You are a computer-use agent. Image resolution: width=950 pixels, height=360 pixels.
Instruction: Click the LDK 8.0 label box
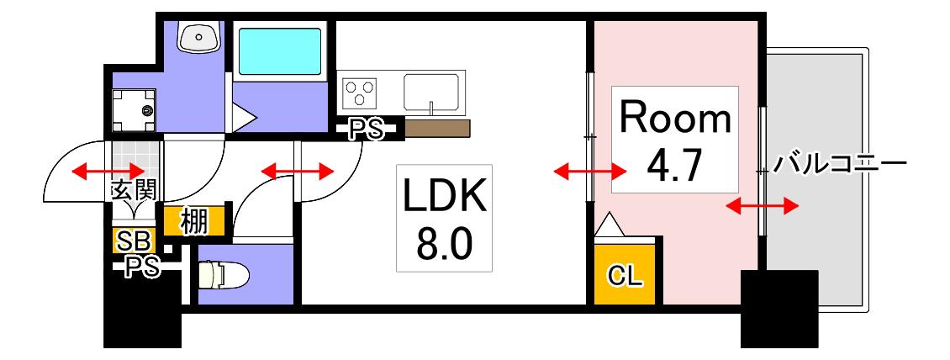444,218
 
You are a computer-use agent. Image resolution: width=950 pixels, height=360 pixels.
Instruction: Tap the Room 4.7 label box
675,140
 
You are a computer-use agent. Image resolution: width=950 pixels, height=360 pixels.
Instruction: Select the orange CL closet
625,273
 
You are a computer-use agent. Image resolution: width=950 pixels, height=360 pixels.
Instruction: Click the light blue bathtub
279,51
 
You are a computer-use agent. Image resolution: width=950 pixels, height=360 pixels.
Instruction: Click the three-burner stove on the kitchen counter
360,93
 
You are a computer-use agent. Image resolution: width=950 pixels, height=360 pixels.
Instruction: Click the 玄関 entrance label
135,191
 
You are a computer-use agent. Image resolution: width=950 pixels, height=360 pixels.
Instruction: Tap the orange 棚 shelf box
194,222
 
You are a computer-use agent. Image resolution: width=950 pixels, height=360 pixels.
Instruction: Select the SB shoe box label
135,241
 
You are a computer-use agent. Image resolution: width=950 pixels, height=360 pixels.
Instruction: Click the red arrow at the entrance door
109,172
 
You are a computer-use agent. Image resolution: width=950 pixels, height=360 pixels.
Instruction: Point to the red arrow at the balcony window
763,207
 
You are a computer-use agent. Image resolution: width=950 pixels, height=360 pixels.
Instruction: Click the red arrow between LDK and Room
591,172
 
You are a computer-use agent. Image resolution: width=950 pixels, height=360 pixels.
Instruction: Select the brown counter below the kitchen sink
437,129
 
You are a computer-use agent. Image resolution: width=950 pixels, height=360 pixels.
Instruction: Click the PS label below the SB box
142,267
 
